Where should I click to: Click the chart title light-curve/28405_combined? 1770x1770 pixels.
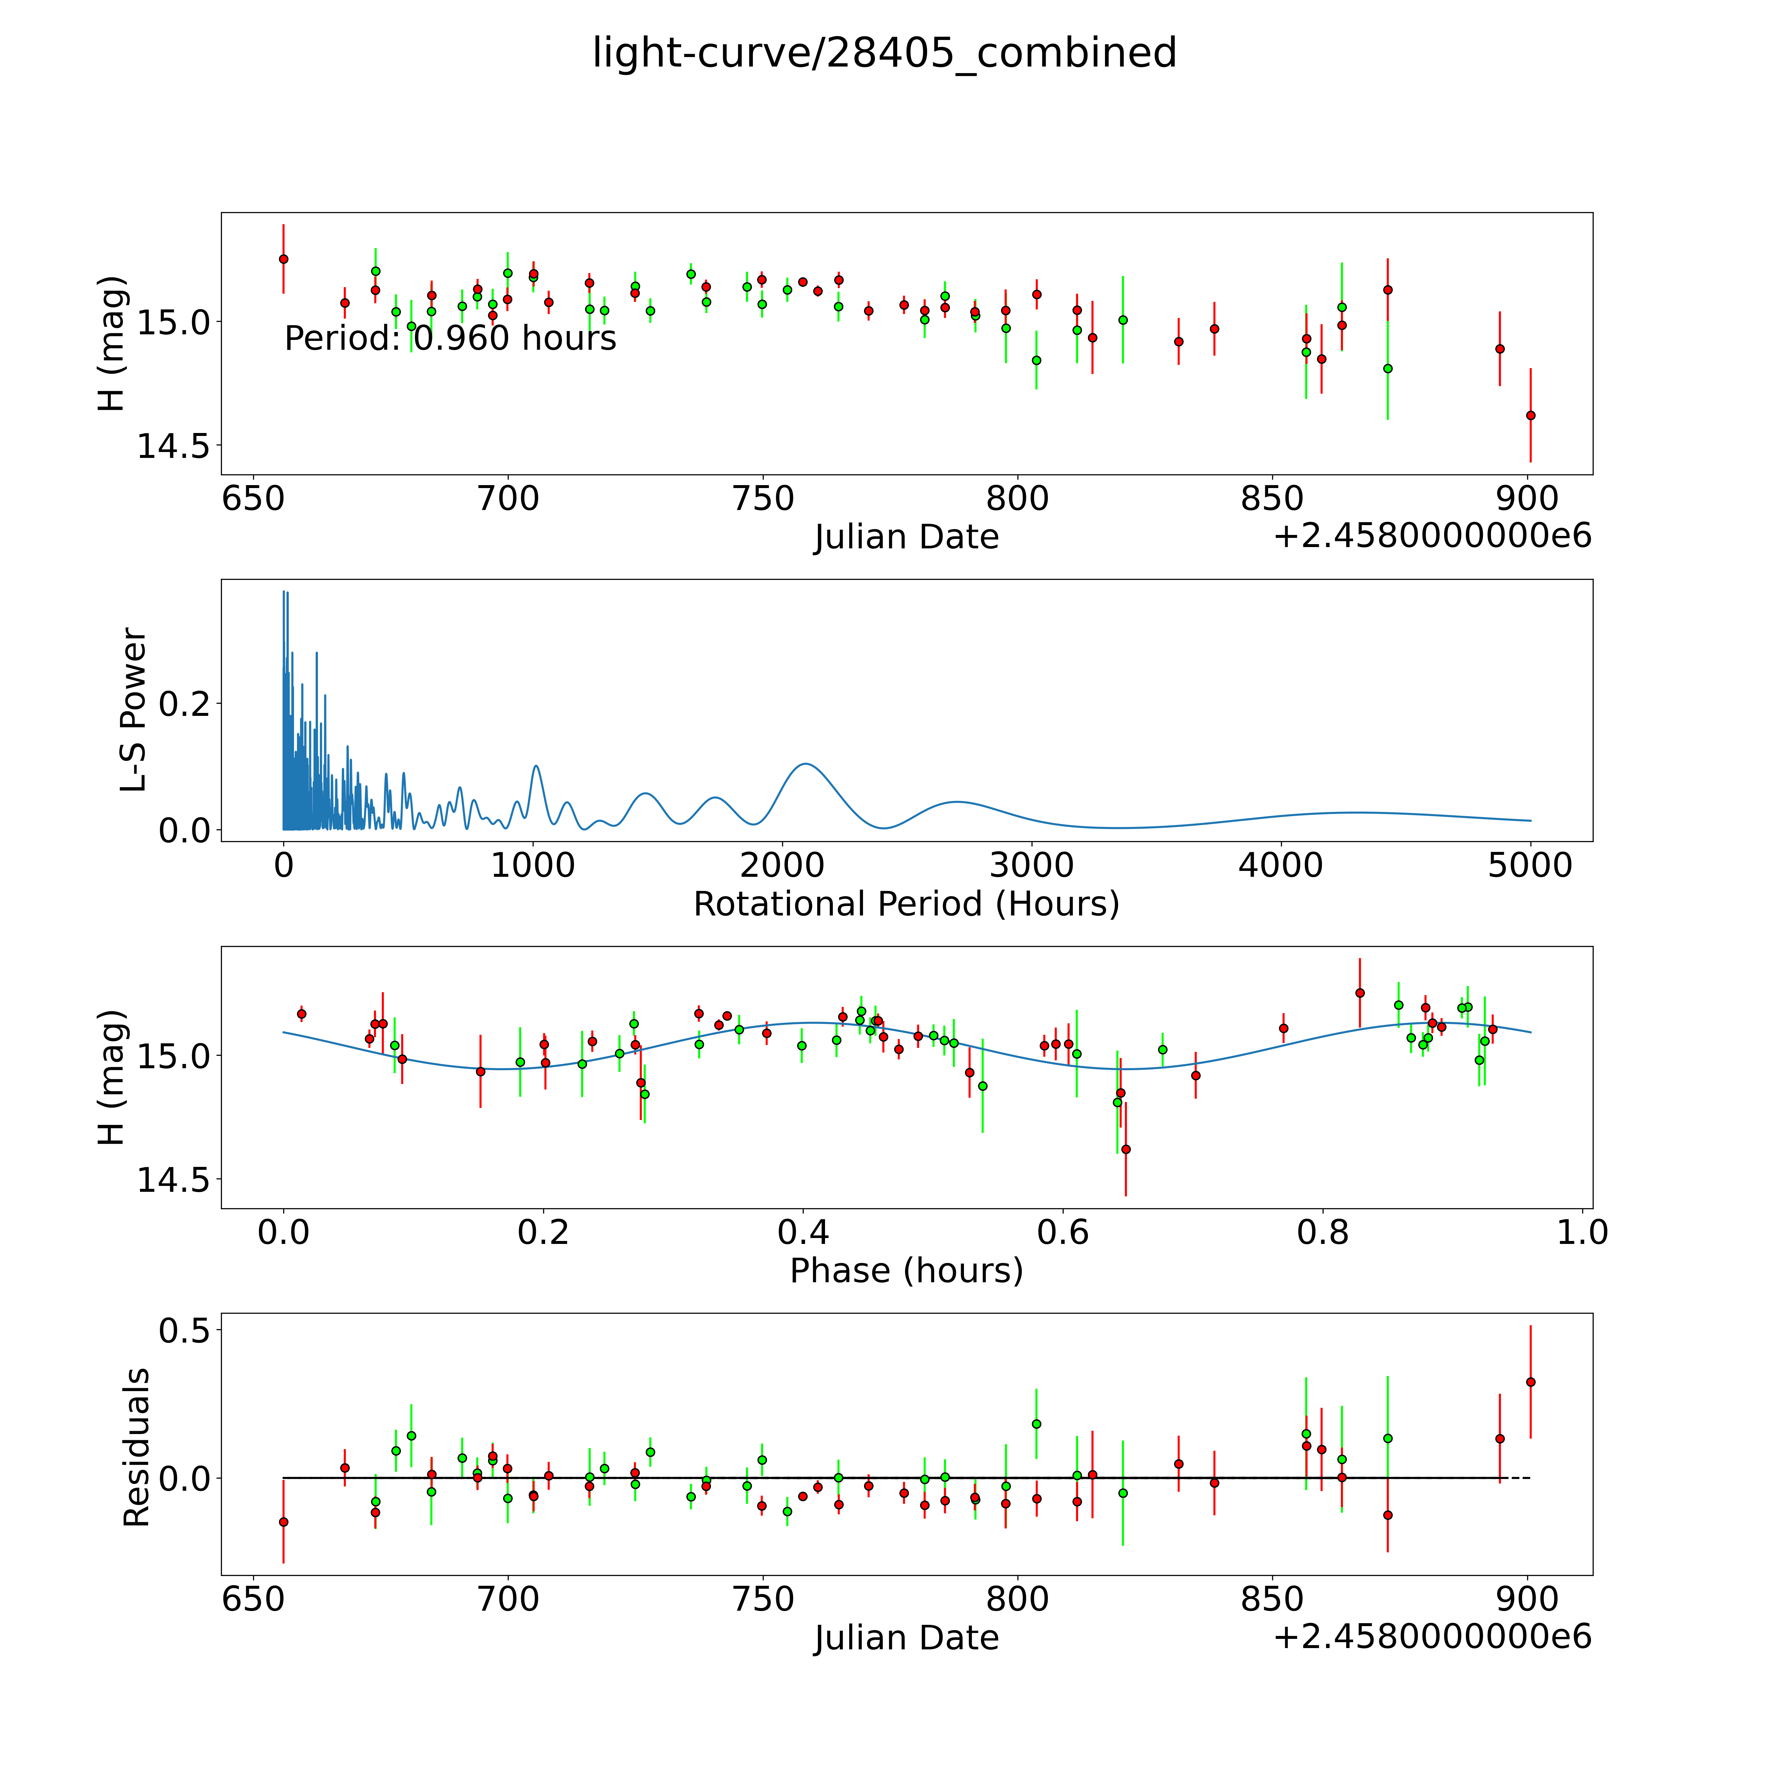884,53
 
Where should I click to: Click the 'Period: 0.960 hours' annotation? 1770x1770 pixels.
450,339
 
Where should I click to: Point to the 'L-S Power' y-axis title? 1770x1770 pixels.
134,710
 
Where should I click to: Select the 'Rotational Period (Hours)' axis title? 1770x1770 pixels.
906,904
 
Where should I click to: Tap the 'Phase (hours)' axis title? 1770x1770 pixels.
906,1271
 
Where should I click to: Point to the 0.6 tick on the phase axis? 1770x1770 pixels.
1063,1232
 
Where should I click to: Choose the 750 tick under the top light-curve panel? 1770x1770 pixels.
762,499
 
